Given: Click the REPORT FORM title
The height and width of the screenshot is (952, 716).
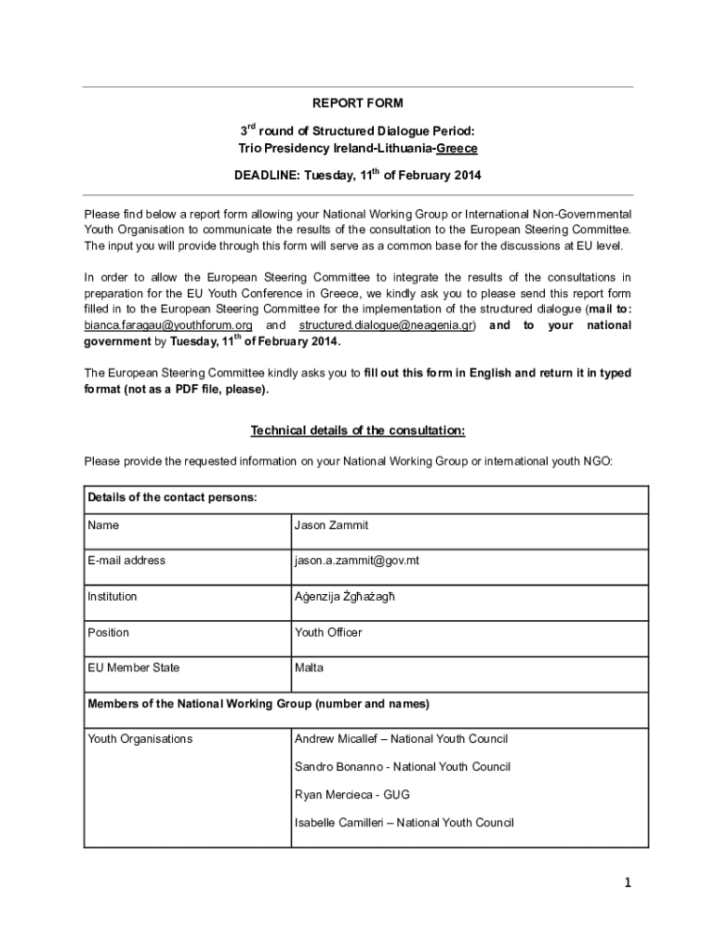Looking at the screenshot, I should pos(358,103).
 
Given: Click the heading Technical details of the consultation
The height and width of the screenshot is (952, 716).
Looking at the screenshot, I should pos(358,430).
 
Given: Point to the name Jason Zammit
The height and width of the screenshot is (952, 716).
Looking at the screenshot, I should pos(331,525).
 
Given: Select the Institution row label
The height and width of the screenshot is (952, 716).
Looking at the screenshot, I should pos(113,596).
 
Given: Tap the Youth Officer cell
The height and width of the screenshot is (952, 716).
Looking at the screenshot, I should pos(328,632).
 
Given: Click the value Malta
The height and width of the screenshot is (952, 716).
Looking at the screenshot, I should pos(310,668).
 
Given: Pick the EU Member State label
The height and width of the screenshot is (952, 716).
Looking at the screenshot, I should pos(134,668).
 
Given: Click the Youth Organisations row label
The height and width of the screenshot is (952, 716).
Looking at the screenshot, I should pos(140,739).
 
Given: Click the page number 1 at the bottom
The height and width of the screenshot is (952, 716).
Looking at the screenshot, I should pos(628,885).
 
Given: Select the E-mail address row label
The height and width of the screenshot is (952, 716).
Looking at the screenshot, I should pos(126,561).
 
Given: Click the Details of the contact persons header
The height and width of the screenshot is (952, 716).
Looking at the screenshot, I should pos(172,497).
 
